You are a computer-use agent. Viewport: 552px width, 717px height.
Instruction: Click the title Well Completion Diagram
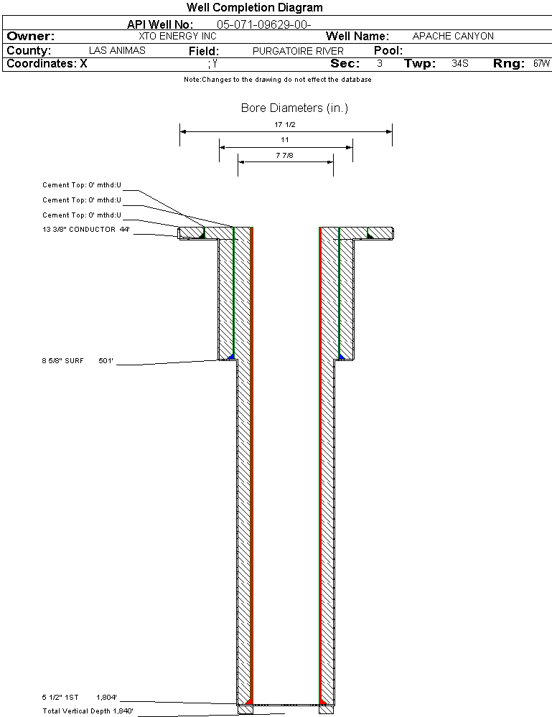(254, 7)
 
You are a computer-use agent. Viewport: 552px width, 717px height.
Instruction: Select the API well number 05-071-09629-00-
(264, 24)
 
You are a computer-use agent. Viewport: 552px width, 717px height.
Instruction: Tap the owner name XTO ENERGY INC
(177, 36)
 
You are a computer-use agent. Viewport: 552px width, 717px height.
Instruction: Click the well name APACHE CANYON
(453, 36)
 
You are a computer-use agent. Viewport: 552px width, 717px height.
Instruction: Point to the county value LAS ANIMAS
(117, 50)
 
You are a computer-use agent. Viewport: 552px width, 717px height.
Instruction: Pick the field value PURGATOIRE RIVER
(298, 51)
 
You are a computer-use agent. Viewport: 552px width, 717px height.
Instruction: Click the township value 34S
(460, 64)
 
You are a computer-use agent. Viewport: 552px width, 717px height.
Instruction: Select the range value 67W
(541, 64)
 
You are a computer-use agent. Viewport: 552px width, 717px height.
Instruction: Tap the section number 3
(380, 64)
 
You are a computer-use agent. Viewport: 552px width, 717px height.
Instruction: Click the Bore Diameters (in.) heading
(294, 108)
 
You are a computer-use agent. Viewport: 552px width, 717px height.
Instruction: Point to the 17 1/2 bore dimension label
(285, 124)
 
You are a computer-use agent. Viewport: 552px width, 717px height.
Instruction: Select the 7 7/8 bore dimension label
(284, 156)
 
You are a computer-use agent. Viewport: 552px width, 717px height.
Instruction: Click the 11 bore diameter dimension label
(285, 140)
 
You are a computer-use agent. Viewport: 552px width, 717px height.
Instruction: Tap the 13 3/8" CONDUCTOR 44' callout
(86, 230)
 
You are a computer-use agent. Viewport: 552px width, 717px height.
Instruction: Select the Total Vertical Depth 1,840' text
(88, 711)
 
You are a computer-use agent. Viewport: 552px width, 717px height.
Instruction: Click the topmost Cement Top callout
(82, 185)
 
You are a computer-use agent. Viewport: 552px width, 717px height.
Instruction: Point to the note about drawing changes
(278, 80)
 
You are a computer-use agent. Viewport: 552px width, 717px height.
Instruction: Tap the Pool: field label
(388, 51)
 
